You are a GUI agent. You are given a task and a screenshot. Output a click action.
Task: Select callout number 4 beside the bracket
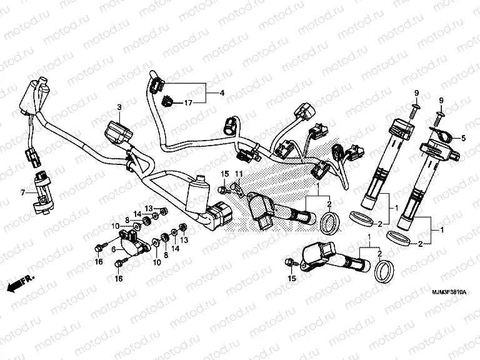tap(221, 94)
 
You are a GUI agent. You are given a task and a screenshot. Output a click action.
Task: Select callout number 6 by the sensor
tap(113, 248)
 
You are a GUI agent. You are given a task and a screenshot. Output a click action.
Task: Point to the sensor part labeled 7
tap(44, 191)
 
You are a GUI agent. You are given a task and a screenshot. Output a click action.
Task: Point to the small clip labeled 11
tap(236, 185)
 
